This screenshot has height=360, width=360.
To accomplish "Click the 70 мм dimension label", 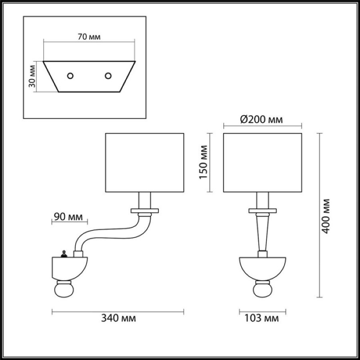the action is tap(89, 37).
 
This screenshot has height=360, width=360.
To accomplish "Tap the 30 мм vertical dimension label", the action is tap(32, 76).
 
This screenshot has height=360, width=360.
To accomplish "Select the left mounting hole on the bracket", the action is tap(70, 76).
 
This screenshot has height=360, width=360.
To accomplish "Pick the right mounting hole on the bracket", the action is tap(108, 76).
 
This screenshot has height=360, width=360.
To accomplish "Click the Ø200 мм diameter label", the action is tap(261, 119).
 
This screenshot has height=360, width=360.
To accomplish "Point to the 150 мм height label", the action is tap(203, 162).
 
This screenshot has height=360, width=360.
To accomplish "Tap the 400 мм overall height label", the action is tap(325, 216).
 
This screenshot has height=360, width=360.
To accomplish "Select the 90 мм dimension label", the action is tap(68, 216).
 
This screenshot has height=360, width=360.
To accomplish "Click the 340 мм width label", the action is tap(118, 318).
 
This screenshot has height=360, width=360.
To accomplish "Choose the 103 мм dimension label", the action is tap(261, 318).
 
